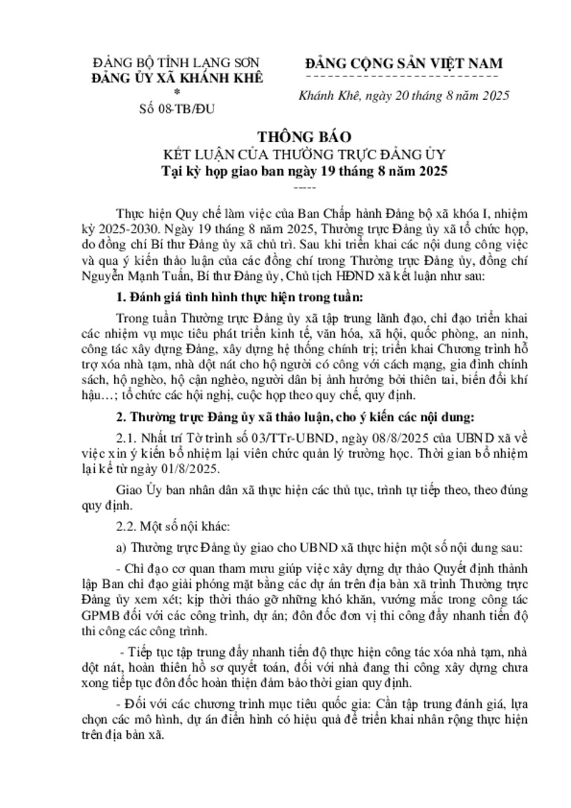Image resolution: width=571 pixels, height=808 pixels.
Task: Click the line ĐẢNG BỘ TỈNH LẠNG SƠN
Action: point(178,63)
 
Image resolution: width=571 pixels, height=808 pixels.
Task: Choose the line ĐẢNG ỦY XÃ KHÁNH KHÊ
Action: point(178,77)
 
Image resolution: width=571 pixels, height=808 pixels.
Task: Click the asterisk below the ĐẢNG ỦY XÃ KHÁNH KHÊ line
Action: point(177,92)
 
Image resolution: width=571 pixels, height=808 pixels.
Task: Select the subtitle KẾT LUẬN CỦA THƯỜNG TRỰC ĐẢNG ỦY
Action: point(285,154)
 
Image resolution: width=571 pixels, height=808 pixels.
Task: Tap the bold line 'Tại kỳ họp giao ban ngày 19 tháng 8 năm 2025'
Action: point(285,171)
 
